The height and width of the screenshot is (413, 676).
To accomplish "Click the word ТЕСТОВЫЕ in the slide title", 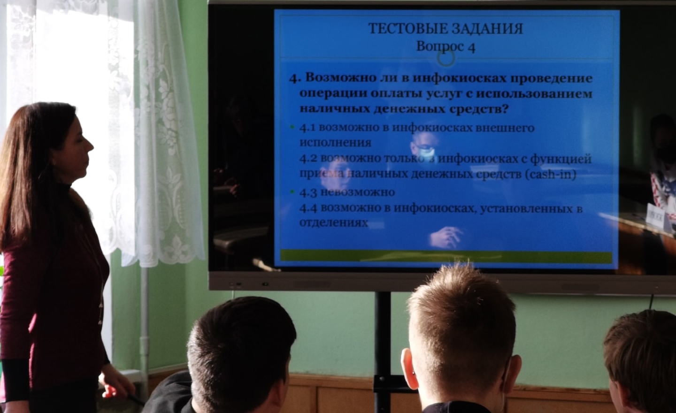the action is coord(406,29).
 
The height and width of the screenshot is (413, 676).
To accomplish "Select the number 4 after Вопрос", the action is coord(471,48).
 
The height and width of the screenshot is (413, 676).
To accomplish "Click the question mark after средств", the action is coord(505,108).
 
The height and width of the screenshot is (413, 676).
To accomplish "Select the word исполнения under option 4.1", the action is coord(335,142).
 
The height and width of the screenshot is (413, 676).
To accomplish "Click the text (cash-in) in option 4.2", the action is coord(551,175).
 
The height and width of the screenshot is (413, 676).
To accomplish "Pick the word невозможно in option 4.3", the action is coord(357,192).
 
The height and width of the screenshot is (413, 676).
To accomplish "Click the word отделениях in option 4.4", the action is coord(333,222).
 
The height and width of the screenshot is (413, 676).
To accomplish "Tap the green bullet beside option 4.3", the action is coord(292,191).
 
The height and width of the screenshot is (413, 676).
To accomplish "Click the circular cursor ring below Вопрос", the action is coord(446,58).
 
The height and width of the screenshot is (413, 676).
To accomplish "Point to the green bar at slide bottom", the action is coord(446,256).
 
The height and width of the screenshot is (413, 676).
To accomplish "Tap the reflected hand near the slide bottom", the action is coord(446,237).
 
